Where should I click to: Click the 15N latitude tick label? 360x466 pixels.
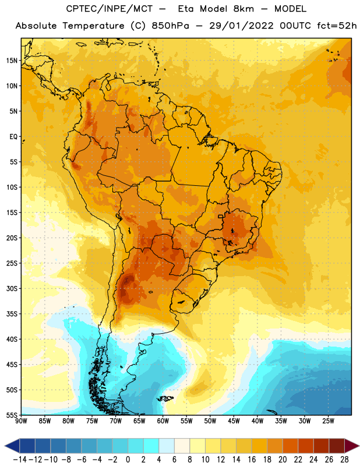(x=12, y=61)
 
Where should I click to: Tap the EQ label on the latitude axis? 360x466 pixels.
(x=13, y=137)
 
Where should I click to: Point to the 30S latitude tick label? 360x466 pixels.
(x=12, y=288)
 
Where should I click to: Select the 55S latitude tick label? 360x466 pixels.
(x=12, y=415)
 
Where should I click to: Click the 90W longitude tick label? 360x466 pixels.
(x=21, y=421)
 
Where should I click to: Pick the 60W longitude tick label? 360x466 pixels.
(x=163, y=421)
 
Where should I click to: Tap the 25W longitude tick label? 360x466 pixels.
(x=329, y=421)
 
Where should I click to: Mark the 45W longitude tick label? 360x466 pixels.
(x=234, y=421)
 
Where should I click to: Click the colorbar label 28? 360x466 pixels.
(x=344, y=460)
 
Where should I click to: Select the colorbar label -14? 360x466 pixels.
(x=19, y=460)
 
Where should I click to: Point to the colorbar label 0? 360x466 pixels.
(x=128, y=460)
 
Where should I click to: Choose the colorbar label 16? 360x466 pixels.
(x=252, y=460)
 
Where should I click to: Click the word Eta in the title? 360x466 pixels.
(x=186, y=9)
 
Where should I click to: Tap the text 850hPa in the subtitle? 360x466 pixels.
(x=170, y=26)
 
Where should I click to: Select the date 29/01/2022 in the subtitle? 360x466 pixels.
(x=241, y=26)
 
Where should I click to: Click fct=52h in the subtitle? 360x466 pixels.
(x=337, y=26)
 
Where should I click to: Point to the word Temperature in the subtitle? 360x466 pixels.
(x=93, y=26)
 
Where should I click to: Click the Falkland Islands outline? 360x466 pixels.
(x=165, y=398)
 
